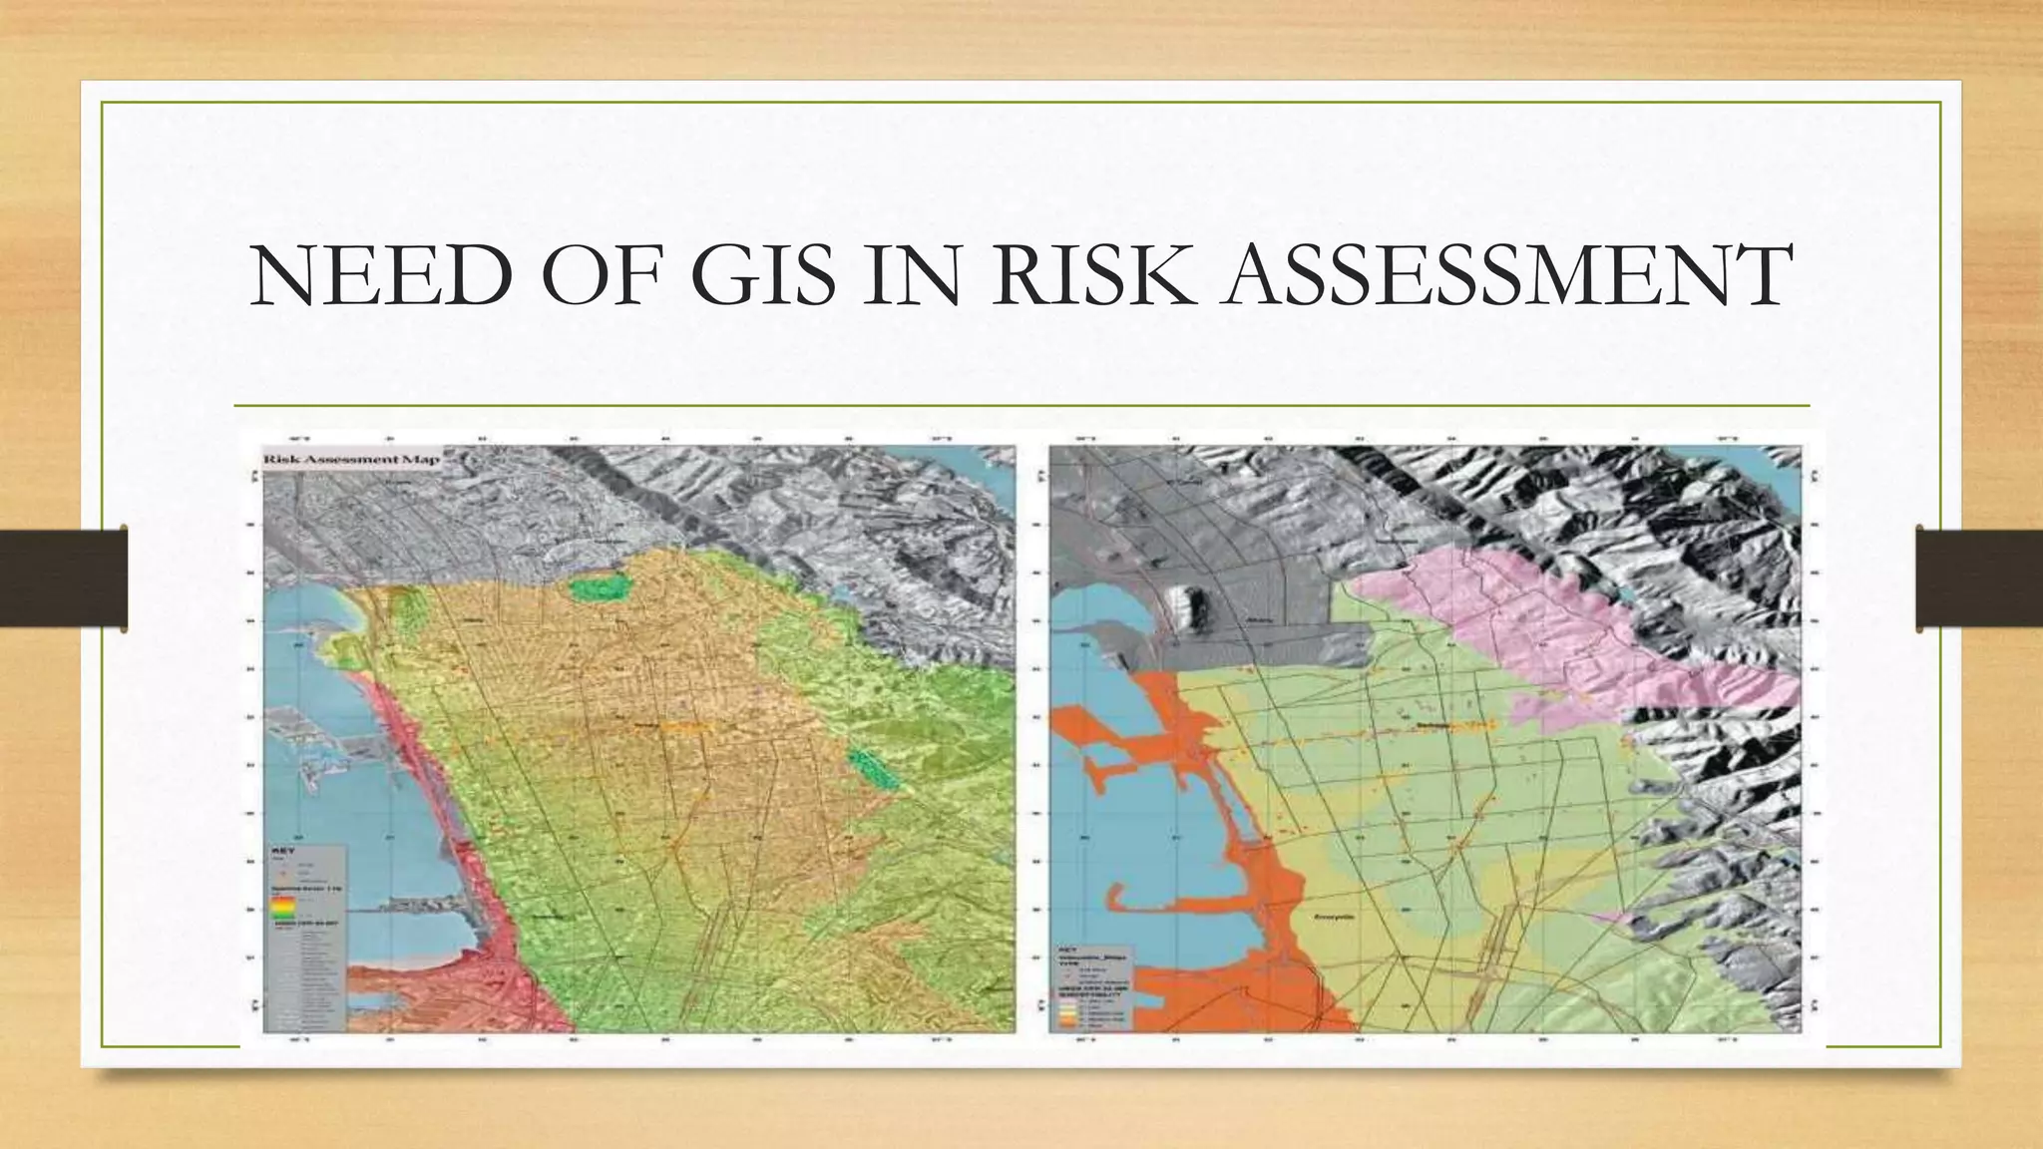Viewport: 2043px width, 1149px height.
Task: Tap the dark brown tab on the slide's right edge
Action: [1979, 578]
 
